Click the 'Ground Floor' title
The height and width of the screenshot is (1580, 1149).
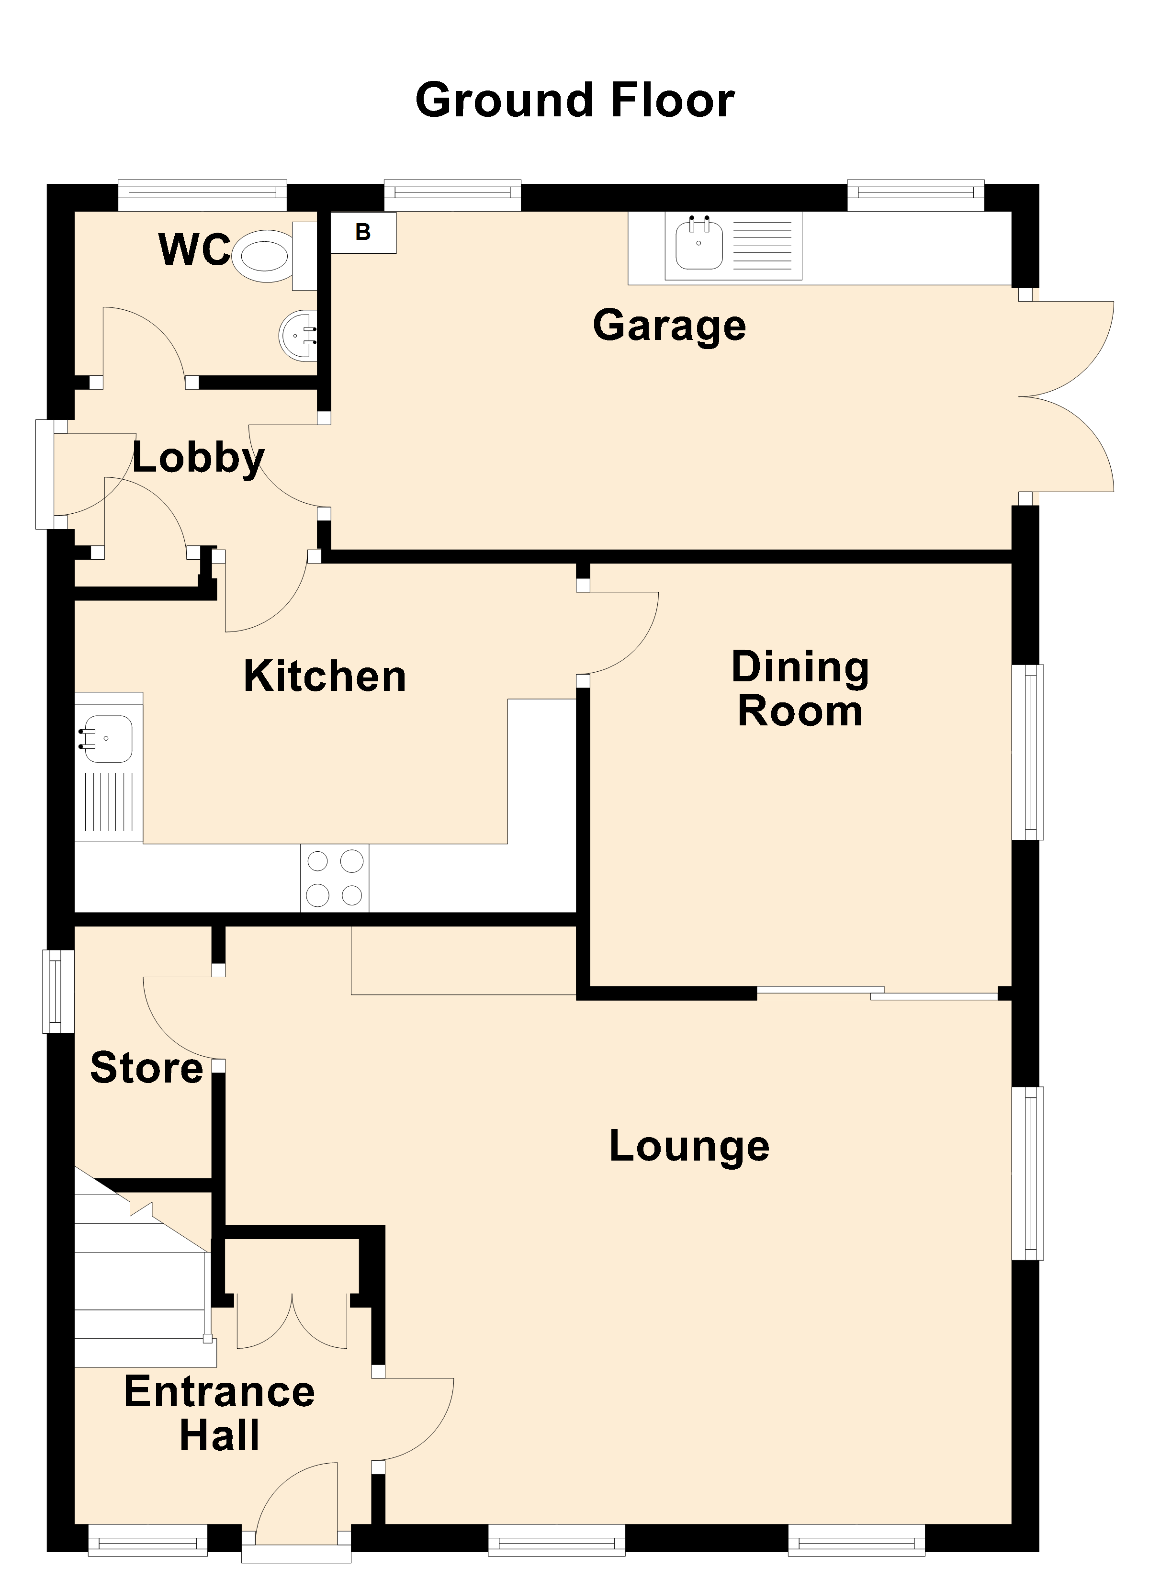coord(575,101)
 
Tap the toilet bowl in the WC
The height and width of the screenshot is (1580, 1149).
coord(261,256)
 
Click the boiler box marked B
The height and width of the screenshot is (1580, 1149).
coord(363,233)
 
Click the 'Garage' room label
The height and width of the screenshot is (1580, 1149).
coord(670,326)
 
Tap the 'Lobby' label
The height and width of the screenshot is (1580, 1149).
coord(199,458)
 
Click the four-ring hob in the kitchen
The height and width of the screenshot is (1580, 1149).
coord(335,878)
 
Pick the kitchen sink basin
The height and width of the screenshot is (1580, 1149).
coord(107,738)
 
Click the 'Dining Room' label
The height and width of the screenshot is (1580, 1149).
coord(800,688)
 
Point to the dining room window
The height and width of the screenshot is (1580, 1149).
coord(1028,752)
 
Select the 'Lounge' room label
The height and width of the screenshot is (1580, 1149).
coord(689,1146)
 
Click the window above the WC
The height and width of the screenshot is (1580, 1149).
coord(202,196)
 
